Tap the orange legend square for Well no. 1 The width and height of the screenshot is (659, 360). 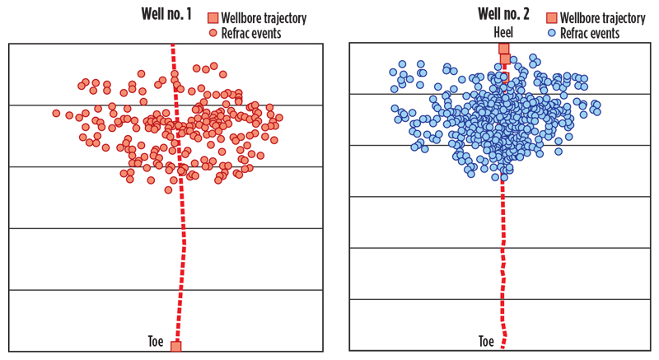[213, 18]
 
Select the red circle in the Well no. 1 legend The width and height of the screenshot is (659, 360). [213, 33]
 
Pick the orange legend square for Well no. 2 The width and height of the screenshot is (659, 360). [551, 18]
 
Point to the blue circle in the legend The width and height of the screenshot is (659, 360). [551, 33]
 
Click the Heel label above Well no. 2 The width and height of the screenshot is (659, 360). [503, 34]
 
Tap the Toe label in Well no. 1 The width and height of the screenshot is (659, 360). [157, 341]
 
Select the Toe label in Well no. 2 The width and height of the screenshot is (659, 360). [487, 340]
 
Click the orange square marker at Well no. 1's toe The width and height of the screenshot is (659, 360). [175, 346]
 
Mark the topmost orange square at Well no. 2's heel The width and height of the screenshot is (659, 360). [504, 49]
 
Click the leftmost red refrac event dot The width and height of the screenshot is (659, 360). [56, 113]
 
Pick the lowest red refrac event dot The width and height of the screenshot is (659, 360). [168, 189]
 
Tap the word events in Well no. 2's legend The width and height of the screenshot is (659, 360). [602, 33]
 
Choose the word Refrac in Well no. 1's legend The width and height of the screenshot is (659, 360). [236, 33]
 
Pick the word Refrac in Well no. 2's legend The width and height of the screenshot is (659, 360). [573, 33]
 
